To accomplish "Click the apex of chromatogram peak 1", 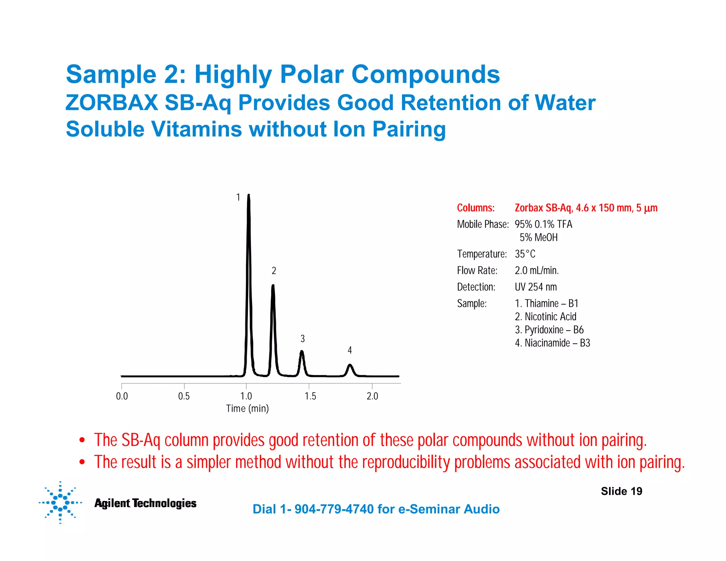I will [248, 195].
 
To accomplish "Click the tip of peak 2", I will [273, 286].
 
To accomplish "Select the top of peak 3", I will [302, 352].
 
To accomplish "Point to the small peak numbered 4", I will [350, 366].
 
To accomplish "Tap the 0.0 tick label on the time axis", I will [122, 396].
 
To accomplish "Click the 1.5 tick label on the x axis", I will [310, 396].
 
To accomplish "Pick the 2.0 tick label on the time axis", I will [372, 396].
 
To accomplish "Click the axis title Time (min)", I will [247, 409].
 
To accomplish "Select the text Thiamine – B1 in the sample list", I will [547, 304].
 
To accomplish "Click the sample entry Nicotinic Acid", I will [546, 317].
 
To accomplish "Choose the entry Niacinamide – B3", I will [552, 343].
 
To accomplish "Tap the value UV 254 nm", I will [536, 287].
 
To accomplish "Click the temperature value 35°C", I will [525, 254].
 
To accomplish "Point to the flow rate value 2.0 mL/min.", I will [537, 271].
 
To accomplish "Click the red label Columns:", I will [475, 208].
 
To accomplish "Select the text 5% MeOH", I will [538, 237].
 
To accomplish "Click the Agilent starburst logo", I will [60, 502].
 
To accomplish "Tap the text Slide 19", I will [621, 491].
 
